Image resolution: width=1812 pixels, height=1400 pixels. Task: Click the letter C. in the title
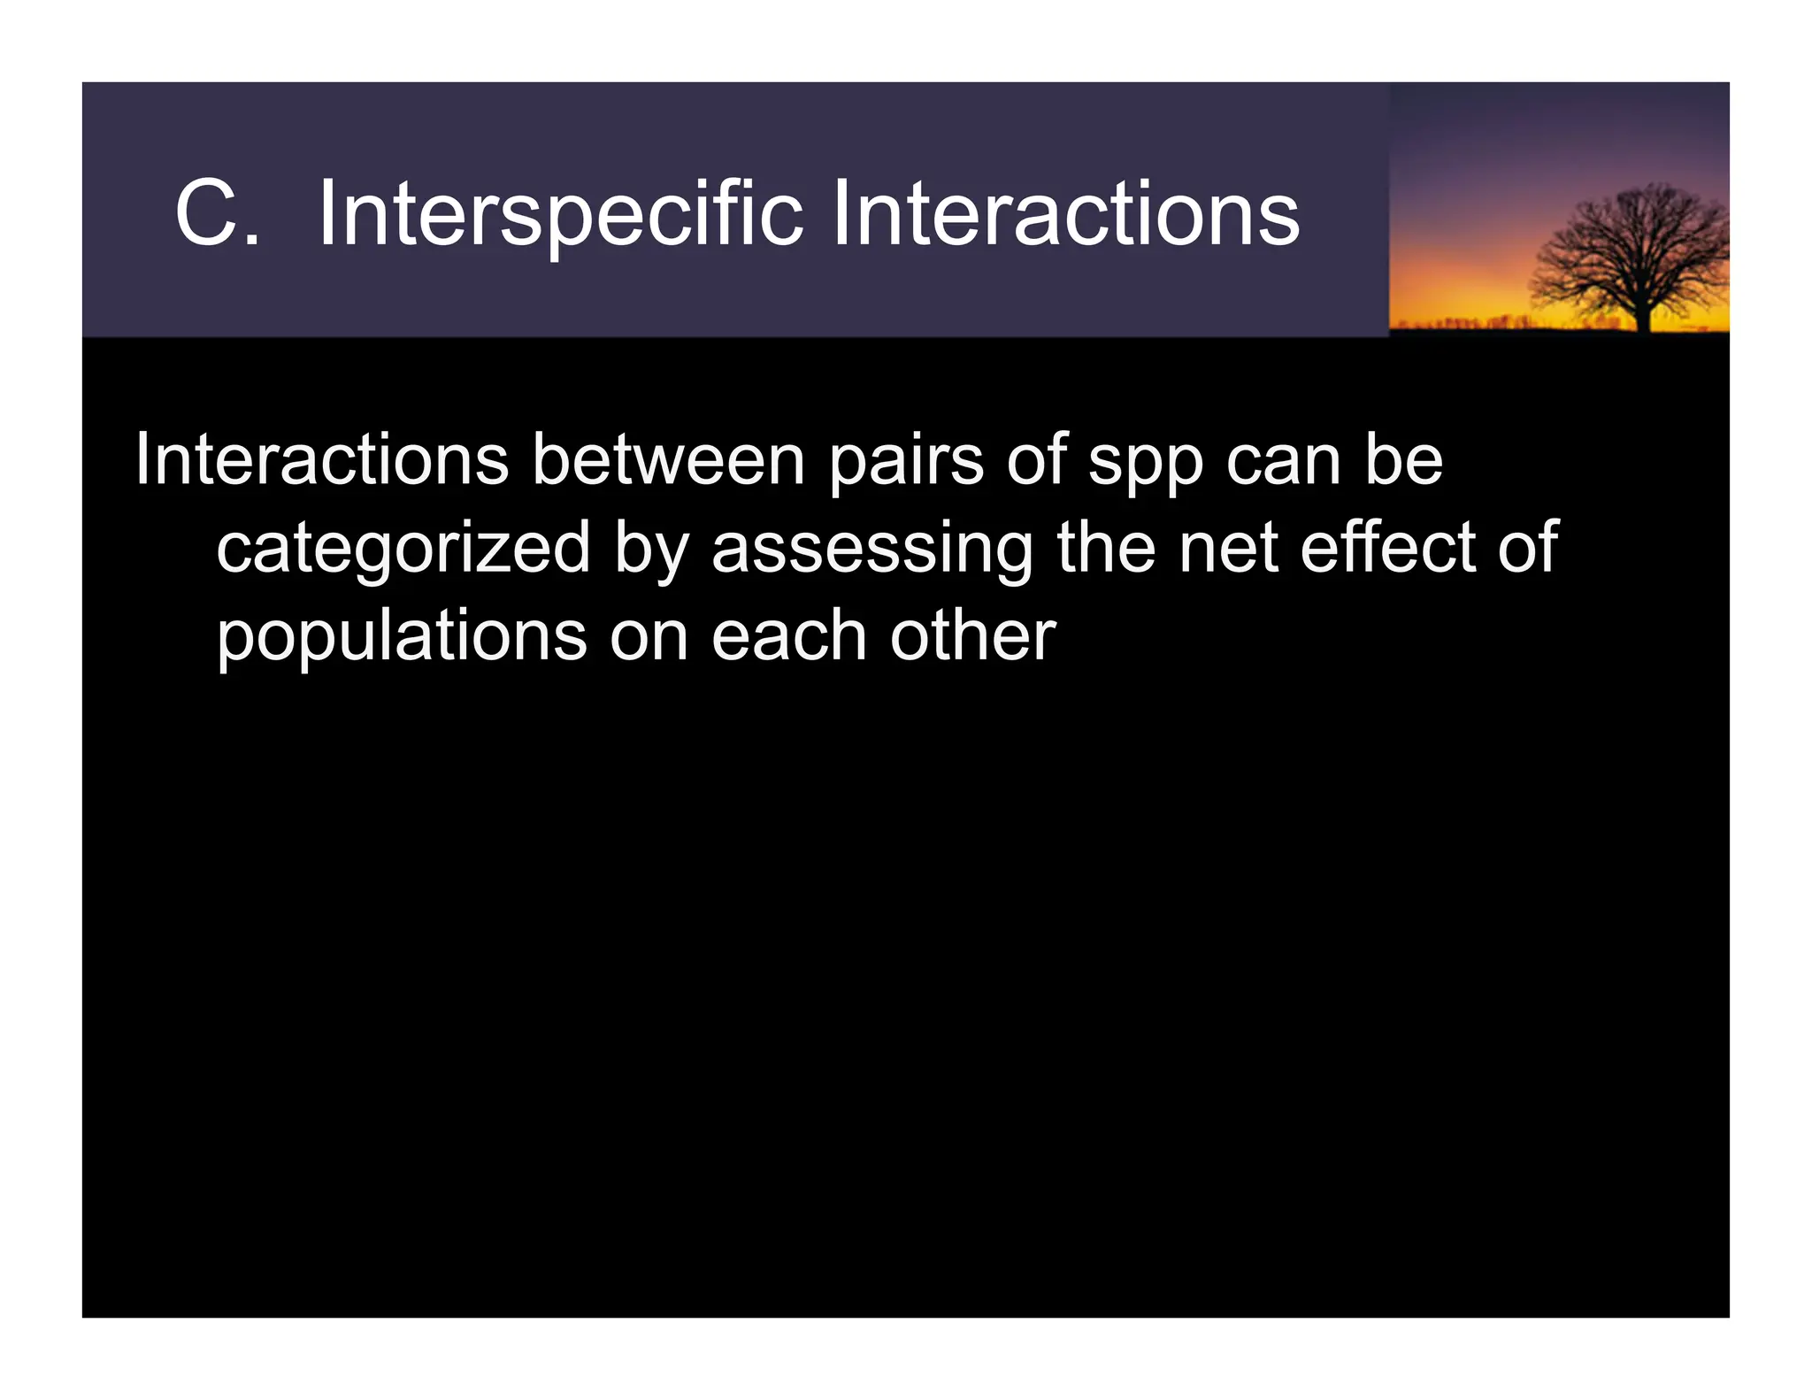coord(217,214)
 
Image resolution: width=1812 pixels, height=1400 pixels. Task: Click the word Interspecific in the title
coord(560,214)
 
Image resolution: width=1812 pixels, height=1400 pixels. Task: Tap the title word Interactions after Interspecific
coord(1065,214)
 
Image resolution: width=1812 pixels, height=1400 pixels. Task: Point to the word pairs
coord(905,461)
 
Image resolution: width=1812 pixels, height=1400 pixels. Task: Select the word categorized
coord(403,549)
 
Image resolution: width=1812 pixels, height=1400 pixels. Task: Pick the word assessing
coord(871,549)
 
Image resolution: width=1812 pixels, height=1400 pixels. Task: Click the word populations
coord(402,637)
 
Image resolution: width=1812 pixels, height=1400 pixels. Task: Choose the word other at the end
coord(972,635)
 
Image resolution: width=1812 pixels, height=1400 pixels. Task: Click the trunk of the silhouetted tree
coord(1644,315)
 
